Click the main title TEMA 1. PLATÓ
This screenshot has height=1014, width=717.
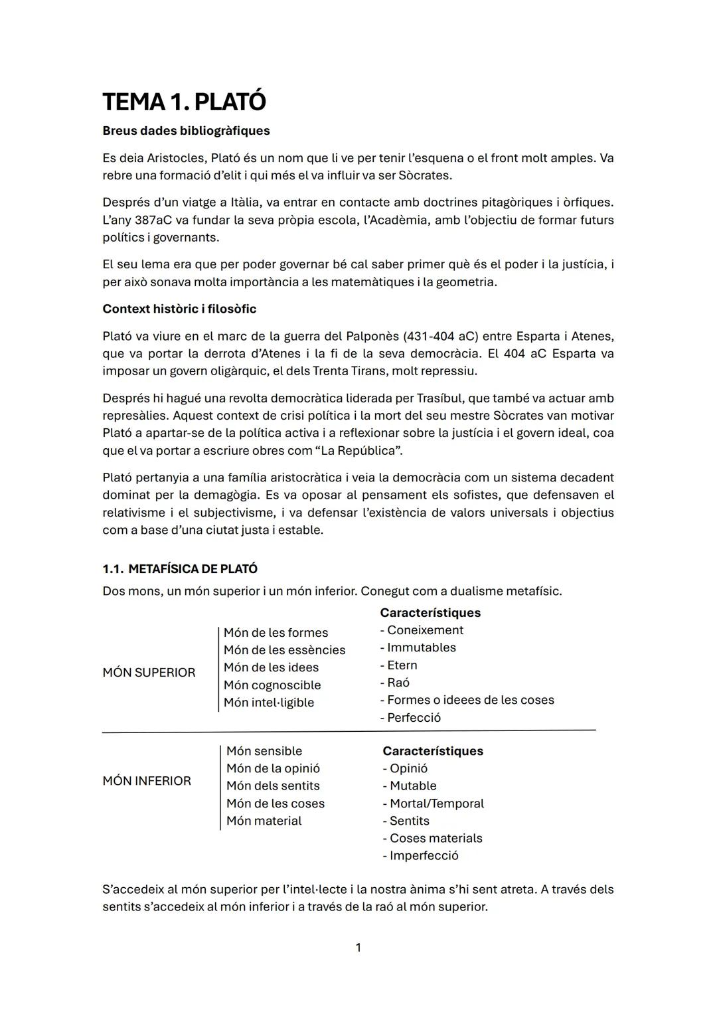point(184,102)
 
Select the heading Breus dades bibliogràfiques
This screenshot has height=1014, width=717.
point(186,131)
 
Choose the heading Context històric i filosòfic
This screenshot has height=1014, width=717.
point(179,309)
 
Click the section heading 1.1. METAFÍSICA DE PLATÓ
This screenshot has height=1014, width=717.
point(180,569)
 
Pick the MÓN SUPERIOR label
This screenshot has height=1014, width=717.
point(149,673)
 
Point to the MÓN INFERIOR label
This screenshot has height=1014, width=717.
point(147,781)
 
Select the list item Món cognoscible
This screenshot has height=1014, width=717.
point(272,685)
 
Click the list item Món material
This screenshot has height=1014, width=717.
point(264,821)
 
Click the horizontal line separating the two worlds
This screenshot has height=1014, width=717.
point(349,731)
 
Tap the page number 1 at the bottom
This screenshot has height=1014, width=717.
point(358,948)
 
